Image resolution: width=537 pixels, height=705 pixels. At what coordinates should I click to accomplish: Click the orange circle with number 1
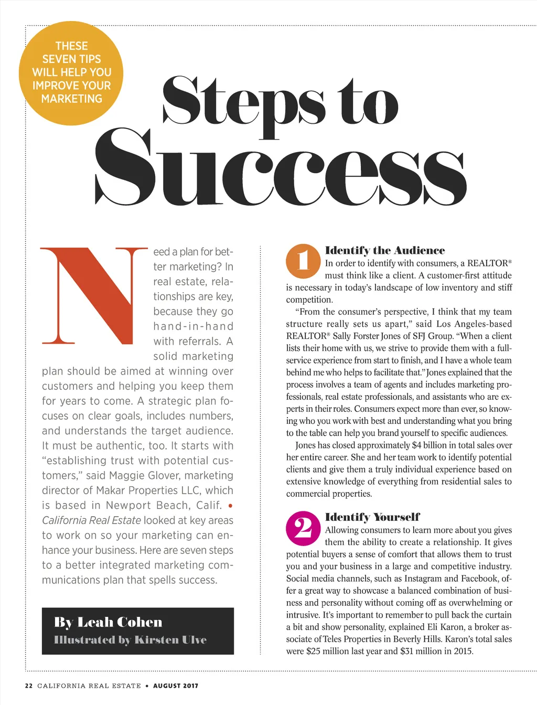point(303,261)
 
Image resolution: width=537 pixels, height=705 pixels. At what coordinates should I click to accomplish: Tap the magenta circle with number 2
point(303,528)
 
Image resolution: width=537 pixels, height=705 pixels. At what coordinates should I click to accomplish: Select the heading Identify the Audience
point(385,250)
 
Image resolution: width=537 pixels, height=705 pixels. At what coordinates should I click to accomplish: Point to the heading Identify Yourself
point(372,517)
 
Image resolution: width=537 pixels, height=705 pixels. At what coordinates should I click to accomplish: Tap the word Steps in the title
point(243,101)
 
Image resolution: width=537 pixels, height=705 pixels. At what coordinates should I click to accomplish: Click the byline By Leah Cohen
point(108,622)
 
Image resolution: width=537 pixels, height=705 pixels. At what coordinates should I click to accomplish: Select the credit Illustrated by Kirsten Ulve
point(130,640)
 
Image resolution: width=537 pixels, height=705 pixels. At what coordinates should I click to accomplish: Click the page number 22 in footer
point(29,686)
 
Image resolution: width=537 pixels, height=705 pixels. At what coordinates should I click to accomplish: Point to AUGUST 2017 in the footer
point(176,686)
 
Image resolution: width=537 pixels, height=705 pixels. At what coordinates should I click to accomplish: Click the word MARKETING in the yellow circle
point(72,99)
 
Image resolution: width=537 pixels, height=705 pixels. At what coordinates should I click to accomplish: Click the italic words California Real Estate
point(91,520)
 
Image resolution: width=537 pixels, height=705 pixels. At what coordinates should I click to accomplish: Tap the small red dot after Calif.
point(230,506)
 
